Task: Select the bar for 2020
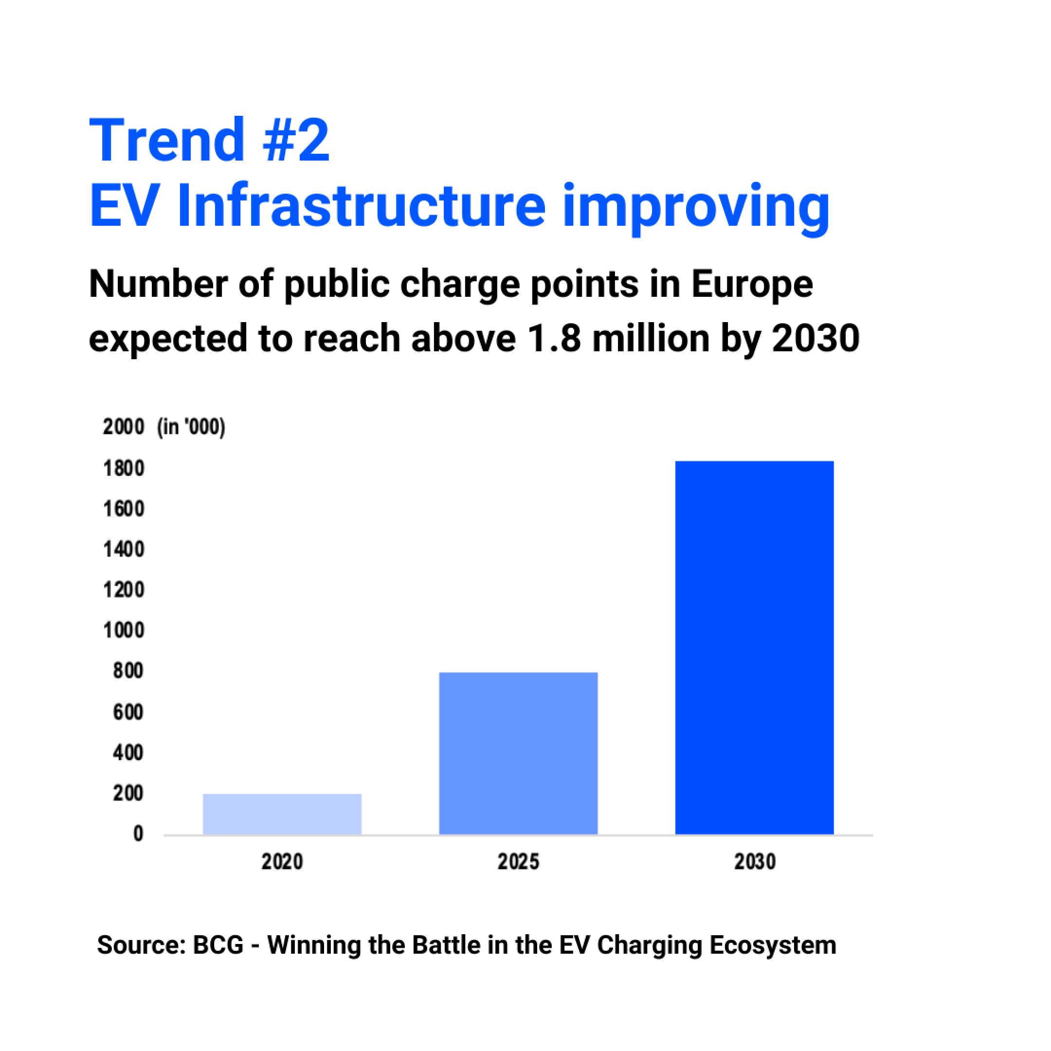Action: coord(282,814)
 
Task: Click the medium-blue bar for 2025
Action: coord(518,753)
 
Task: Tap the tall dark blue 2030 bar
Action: coord(755,647)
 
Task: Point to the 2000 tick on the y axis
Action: coord(124,427)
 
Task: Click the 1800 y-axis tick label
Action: coord(124,469)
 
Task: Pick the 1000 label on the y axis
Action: coord(124,631)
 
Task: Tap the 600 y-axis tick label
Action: coord(128,712)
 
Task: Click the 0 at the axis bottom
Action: coord(138,834)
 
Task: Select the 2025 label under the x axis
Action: coord(518,862)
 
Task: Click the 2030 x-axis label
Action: coord(755,862)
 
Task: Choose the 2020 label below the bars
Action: coord(282,862)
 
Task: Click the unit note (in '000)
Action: coord(191,427)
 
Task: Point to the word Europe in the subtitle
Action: coord(752,285)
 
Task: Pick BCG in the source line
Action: coord(218,945)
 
